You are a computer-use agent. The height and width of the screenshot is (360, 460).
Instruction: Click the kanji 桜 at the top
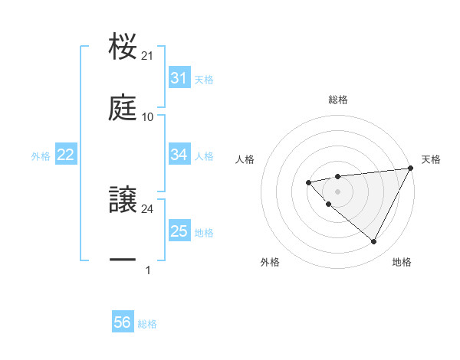(x=123, y=47)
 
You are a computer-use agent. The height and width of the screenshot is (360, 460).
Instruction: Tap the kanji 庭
(x=123, y=108)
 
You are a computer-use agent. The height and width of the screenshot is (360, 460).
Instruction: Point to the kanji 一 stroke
(x=123, y=261)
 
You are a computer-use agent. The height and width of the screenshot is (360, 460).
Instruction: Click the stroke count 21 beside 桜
(x=148, y=56)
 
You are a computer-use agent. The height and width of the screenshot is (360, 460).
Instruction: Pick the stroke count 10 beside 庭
(x=148, y=117)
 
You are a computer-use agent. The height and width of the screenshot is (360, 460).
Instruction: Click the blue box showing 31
(x=179, y=78)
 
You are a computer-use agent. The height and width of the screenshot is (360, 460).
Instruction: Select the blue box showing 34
(x=179, y=155)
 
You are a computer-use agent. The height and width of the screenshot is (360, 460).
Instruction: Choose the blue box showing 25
(x=179, y=231)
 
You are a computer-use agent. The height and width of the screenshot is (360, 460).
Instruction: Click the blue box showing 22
(x=66, y=155)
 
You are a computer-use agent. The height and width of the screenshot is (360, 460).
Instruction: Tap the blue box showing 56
(x=123, y=322)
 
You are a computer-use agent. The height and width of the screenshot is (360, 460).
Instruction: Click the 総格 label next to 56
(x=147, y=324)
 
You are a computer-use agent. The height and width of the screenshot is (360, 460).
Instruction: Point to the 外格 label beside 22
(x=41, y=156)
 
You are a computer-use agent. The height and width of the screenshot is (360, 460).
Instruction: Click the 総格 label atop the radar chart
(x=338, y=100)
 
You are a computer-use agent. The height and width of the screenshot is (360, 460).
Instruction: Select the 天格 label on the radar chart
(x=431, y=159)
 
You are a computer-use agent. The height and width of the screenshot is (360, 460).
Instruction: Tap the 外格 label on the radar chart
(x=270, y=262)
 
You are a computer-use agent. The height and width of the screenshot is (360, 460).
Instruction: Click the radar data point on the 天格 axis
(x=410, y=168)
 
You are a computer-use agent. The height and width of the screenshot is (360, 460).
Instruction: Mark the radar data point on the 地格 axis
(x=373, y=242)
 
